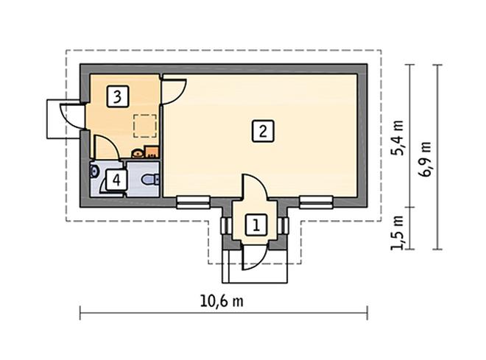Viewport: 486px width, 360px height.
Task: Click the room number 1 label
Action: click(256, 225)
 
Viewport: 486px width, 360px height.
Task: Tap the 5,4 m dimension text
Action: click(398, 138)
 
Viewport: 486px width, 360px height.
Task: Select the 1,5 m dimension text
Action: click(398, 230)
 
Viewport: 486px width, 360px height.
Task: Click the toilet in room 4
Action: click(150, 179)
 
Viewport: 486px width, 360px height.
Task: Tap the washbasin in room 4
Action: click(94, 172)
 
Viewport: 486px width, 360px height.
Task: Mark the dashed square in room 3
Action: click(144, 126)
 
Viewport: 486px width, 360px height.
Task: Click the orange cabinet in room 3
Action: click(152, 152)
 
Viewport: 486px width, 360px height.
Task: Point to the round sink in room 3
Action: click(137, 153)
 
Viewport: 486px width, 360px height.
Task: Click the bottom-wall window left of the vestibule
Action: click(193, 200)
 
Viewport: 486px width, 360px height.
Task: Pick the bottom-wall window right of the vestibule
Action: click(317, 200)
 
